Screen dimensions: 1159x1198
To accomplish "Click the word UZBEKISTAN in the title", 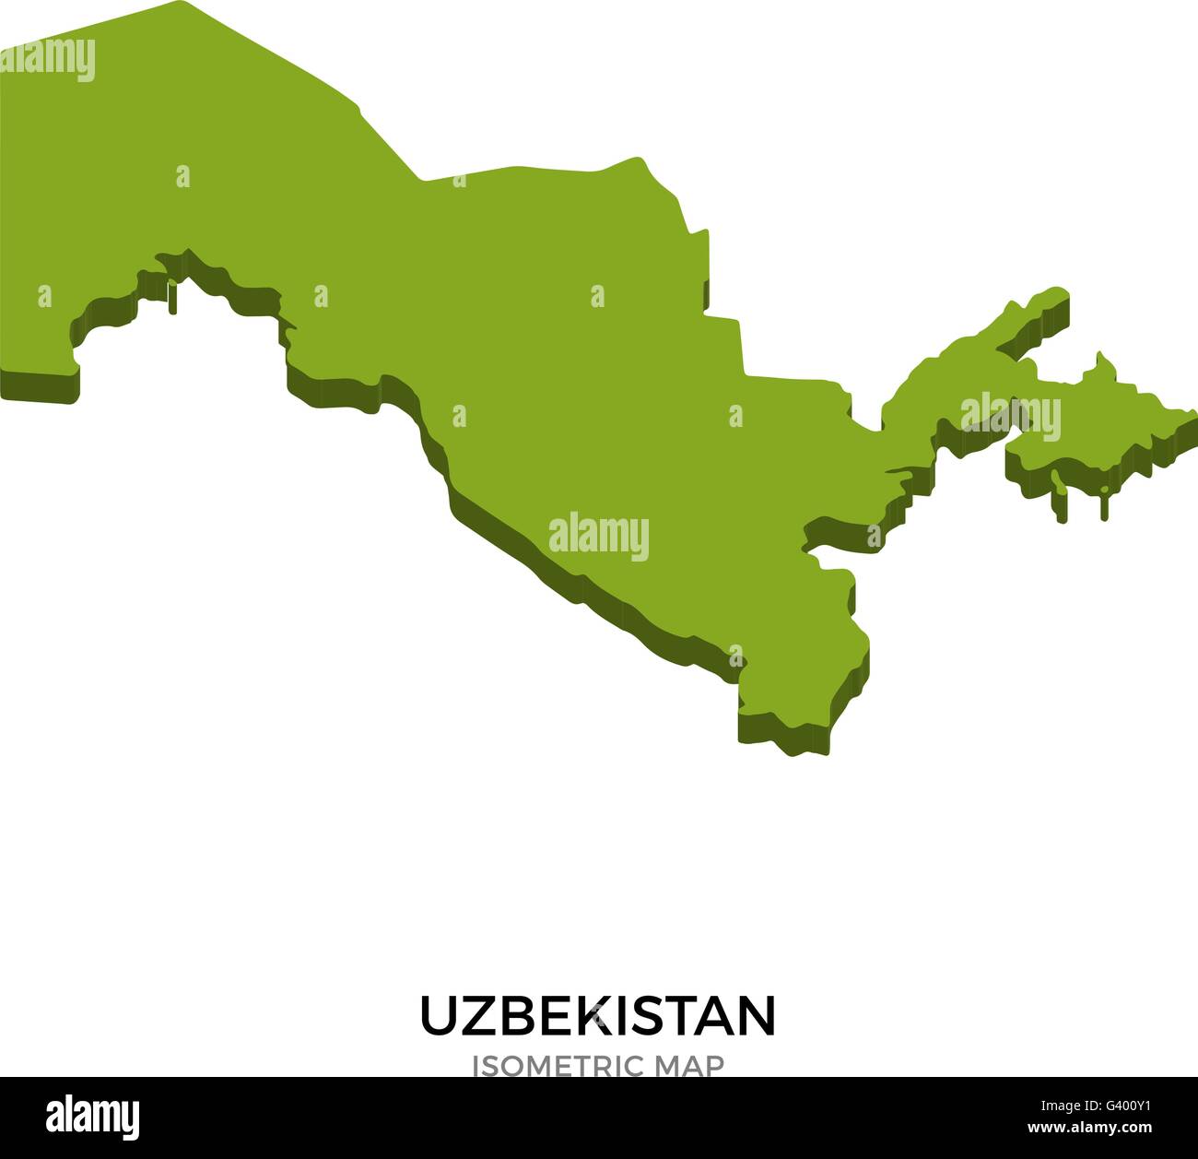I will click(x=598, y=1015).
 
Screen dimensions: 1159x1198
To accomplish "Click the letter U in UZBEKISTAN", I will click(x=439, y=1015).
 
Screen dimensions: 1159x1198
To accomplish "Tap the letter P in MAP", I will click(x=713, y=1066).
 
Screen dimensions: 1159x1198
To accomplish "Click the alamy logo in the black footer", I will click(x=92, y=1116).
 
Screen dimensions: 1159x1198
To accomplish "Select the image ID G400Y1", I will click(x=1119, y=1105).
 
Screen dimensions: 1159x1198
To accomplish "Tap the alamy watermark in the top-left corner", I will click(x=48, y=60).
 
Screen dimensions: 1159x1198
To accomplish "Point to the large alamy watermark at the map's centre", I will click(x=598, y=536).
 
